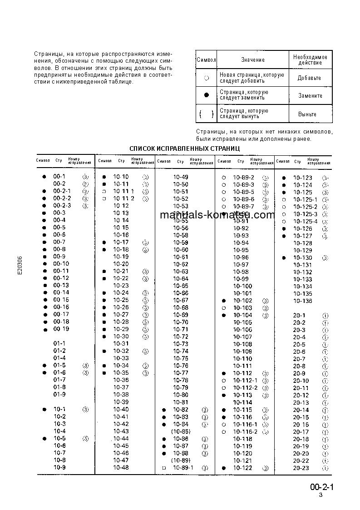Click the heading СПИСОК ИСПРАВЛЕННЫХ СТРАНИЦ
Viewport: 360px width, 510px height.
click(x=184, y=149)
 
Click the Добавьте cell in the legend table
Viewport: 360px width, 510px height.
click(x=309, y=78)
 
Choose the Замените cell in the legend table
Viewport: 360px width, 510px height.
click(x=310, y=96)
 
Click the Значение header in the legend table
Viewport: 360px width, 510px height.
click(x=253, y=59)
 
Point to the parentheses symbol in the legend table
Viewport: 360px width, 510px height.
click(x=207, y=114)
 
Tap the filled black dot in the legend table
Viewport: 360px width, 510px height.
click(x=207, y=95)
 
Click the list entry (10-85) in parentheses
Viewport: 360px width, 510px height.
click(x=181, y=431)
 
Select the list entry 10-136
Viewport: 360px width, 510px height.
click(x=302, y=301)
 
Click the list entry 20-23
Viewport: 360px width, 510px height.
click(x=301, y=468)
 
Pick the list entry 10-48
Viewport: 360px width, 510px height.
click(x=121, y=467)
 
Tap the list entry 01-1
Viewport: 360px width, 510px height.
click(x=59, y=343)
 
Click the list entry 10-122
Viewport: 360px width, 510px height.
click(x=242, y=468)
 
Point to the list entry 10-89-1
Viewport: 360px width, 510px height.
click(x=182, y=467)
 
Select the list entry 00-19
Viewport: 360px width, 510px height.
click(x=61, y=329)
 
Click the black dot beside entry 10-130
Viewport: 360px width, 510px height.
click(x=283, y=257)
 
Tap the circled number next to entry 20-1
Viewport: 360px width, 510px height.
click(x=325, y=315)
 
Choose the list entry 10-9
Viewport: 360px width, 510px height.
click(x=59, y=467)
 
